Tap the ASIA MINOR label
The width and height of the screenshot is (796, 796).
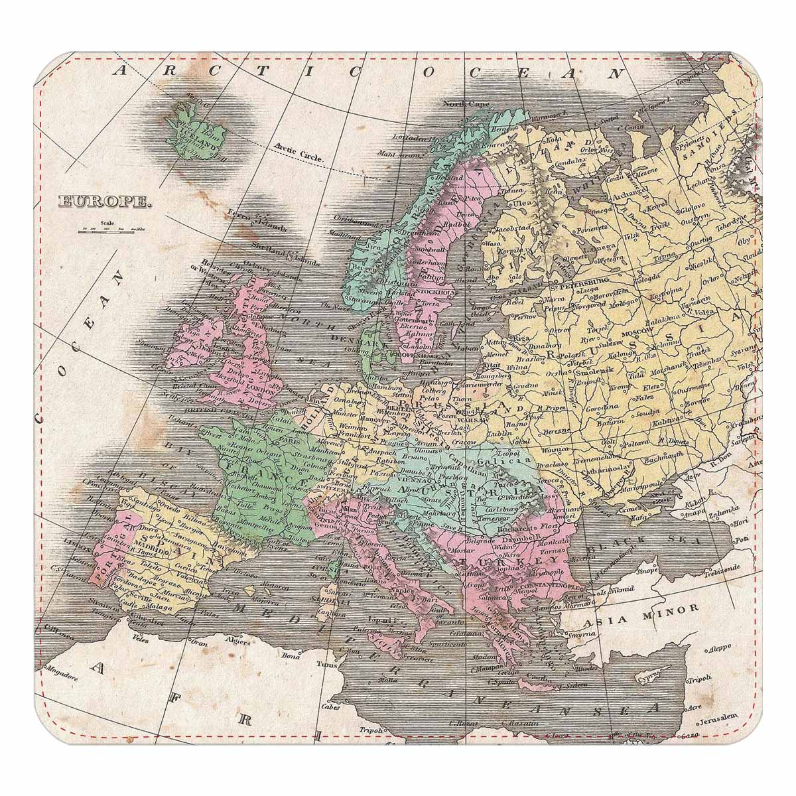tap(642, 608)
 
